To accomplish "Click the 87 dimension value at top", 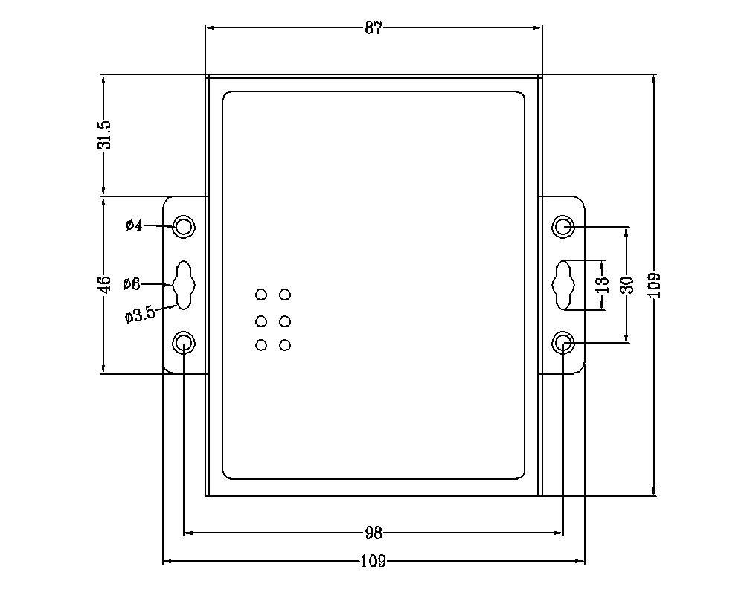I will (x=373, y=28).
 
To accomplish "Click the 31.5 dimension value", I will (x=104, y=135).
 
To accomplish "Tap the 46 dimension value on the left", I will (x=105, y=283).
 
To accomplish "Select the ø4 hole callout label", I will (x=134, y=225).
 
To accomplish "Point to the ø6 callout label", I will (x=132, y=283).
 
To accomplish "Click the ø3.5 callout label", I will (x=140, y=315).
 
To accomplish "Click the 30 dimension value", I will (x=626, y=284).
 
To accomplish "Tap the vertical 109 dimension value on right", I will (x=654, y=284).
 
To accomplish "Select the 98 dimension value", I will (x=373, y=533).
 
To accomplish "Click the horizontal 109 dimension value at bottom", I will (x=373, y=562).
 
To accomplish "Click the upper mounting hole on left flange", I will (x=184, y=226).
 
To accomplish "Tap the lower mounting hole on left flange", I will (x=184, y=343).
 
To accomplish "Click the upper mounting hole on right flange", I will (x=563, y=226).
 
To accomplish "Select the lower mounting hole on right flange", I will (x=563, y=343).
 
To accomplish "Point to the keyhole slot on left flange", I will (x=183, y=284).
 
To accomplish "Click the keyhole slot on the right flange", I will (x=563, y=284).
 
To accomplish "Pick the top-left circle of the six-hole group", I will (x=261, y=295).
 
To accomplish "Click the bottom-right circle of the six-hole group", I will (x=284, y=345).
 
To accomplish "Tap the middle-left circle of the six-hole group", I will (x=261, y=321).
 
